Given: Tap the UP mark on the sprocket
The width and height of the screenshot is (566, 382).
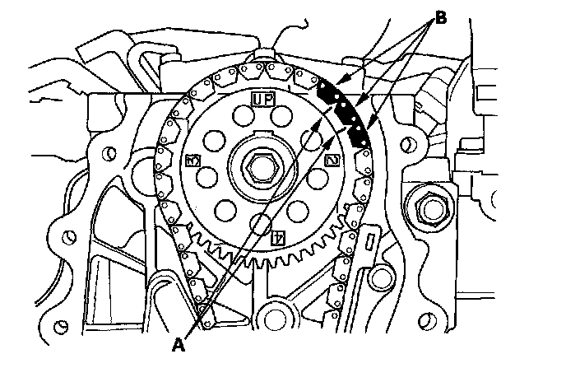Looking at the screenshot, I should point(262,100).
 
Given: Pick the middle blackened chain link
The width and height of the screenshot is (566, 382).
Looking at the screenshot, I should point(346,110).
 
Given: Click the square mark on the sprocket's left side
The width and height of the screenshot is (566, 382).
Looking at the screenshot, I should point(193,158).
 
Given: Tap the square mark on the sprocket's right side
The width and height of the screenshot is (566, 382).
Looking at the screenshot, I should point(331,160).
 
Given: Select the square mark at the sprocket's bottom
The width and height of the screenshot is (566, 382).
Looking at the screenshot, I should point(278,240).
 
